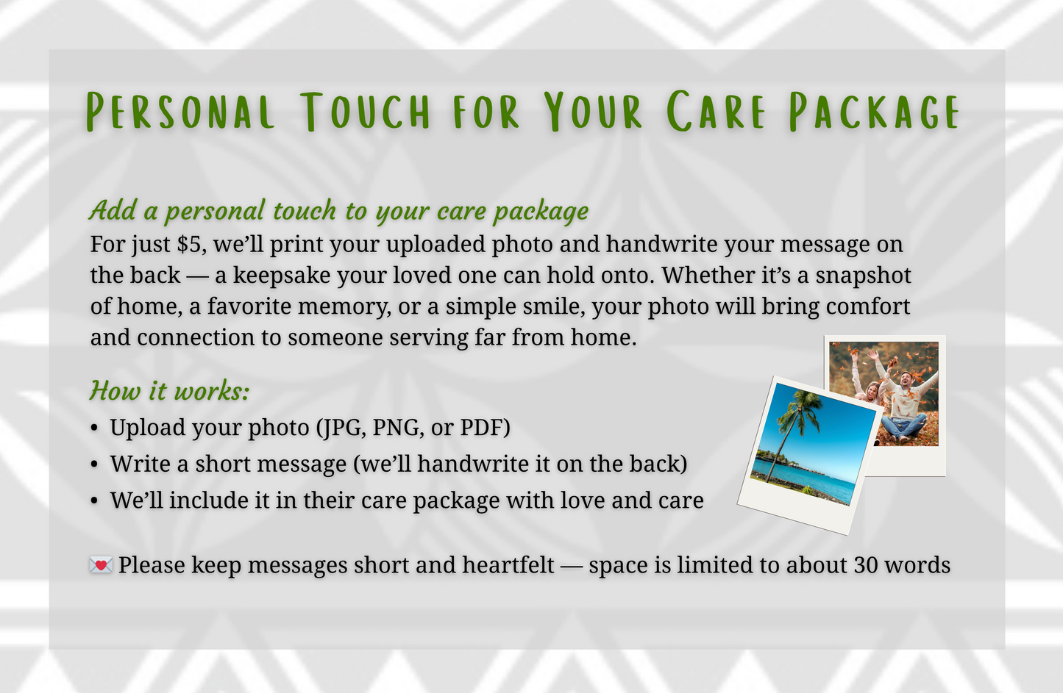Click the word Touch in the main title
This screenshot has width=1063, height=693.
[x=366, y=112]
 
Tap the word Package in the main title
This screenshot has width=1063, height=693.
[x=875, y=112]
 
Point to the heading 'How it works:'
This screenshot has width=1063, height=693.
[x=169, y=390]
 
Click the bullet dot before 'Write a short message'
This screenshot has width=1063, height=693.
[x=94, y=464]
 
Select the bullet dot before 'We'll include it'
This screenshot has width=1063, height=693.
[x=94, y=500]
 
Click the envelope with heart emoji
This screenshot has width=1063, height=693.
[x=101, y=565]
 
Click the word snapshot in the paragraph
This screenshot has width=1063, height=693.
[x=864, y=275]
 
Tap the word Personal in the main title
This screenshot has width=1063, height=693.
[x=181, y=112]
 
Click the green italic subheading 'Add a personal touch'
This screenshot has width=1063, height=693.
[x=338, y=211]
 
